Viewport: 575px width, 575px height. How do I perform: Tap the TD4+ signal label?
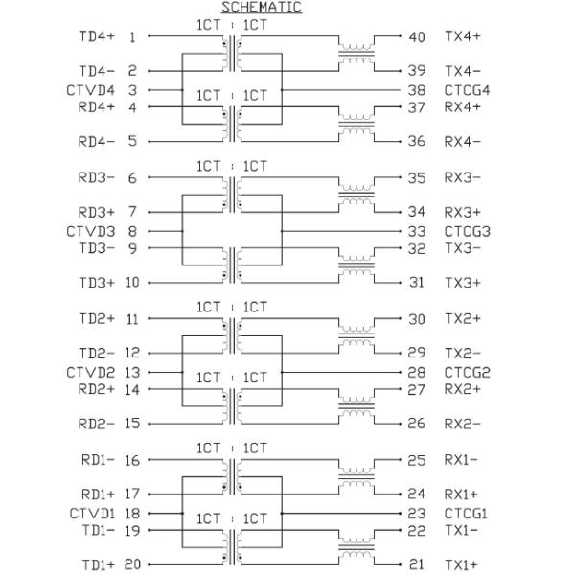click(96, 36)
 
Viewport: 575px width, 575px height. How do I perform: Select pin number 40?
click(417, 36)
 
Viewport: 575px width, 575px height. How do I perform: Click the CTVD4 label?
click(91, 90)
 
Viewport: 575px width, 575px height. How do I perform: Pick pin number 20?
click(131, 564)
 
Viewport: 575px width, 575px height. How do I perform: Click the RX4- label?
click(462, 141)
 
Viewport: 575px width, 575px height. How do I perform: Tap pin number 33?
click(417, 231)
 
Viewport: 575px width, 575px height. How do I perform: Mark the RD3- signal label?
click(96, 177)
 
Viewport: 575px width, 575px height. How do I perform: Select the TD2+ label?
click(96, 318)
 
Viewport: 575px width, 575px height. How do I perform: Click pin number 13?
click(131, 372)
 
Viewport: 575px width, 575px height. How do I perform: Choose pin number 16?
click(131, 459)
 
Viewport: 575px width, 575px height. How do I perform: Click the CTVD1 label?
click(91, 513)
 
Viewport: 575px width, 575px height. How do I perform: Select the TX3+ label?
click(462, 282)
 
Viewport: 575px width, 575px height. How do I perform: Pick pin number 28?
click(417, 372)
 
